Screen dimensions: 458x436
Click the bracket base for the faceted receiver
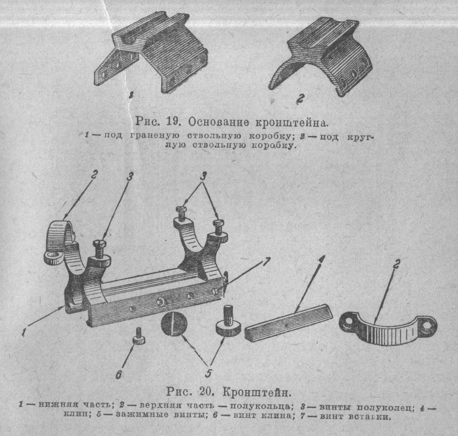click(152, 52)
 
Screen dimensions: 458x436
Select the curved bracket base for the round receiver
click(321, 56)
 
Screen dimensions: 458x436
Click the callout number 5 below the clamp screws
click(208, 373)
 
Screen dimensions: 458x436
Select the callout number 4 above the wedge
click(321, 259)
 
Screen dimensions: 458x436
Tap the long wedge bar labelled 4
click(288, 323)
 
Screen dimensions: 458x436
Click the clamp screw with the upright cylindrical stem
click(228, 324)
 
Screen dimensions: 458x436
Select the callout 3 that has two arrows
click(203, 176)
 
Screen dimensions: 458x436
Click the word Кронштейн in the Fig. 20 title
click(257, 392)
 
